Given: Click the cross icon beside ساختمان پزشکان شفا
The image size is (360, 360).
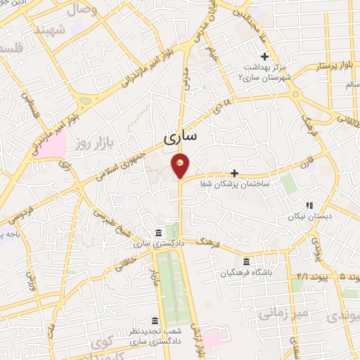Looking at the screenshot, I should [x=234, y=173].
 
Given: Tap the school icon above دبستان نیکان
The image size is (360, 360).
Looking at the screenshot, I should [x=308, y=206].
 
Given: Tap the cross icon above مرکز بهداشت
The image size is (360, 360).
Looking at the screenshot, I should [x=264, y=56].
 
